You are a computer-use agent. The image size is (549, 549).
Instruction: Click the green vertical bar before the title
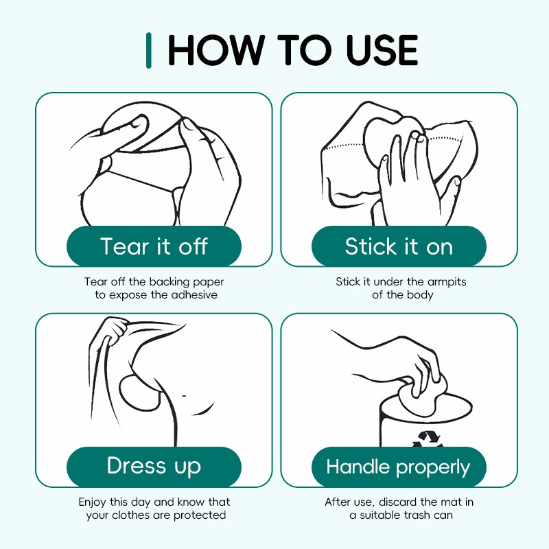(x=149, y=50)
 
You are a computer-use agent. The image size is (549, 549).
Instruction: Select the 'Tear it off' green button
(x=154, y=246)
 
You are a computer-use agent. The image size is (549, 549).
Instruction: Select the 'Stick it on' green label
(x=399, y=246)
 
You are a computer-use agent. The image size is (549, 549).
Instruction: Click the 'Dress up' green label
(x=154, y=467)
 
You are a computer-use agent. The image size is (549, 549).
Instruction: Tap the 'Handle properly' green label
(x=399, y=467)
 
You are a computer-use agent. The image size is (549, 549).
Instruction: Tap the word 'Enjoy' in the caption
(x=93, y=502)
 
